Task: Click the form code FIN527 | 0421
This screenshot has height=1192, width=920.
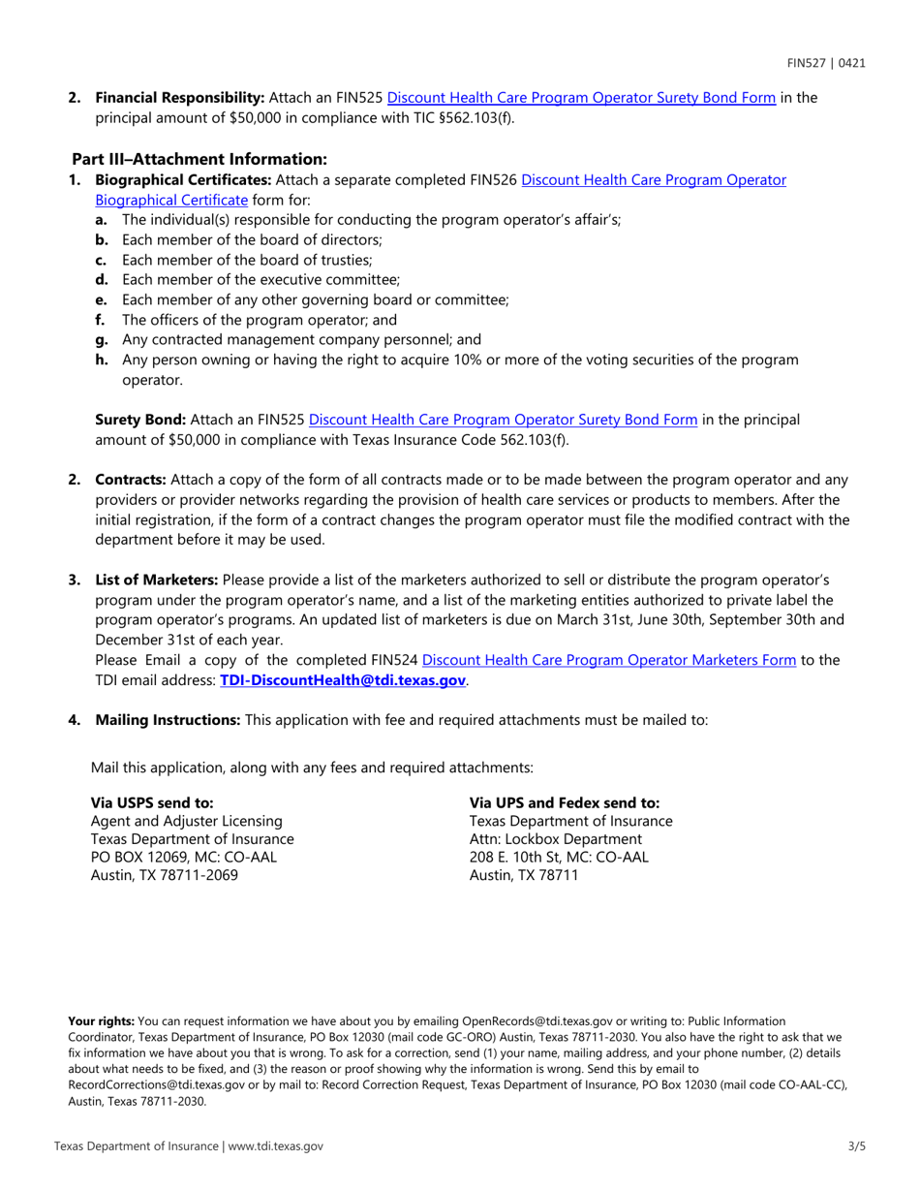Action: tap(825, 63)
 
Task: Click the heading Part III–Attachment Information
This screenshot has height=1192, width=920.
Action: tap(199, 158)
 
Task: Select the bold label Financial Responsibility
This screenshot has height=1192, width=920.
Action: tap(179, 97)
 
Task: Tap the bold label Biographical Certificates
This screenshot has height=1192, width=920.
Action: tap(182, 179)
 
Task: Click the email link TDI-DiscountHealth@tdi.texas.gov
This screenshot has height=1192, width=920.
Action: tap(344, 680)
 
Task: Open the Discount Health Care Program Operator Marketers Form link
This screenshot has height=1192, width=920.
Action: tap(609, 660)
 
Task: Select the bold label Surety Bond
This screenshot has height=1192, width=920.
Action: tap(140, 420)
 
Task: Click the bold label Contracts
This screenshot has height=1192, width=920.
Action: tap(131, 480)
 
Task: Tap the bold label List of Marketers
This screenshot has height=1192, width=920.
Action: tap(156, 580)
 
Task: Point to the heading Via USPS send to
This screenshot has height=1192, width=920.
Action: tap(152, 802)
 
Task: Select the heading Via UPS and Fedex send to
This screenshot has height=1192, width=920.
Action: tap(564, 802)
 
